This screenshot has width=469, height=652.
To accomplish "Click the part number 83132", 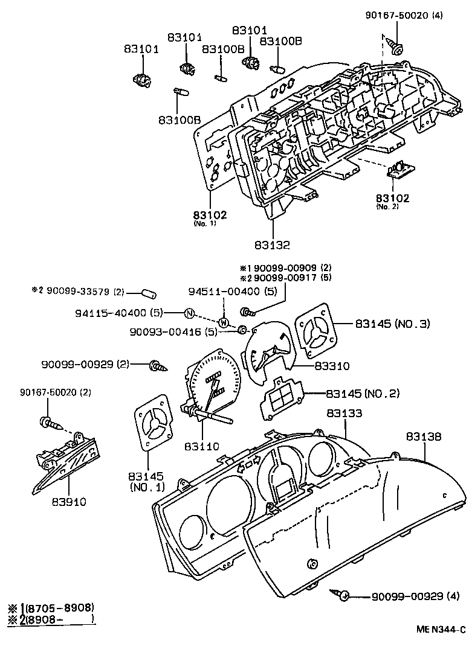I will (x=272, y=245).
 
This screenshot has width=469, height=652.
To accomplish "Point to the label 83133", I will (x=344, y=414).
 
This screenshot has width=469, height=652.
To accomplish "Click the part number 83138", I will (x=423, y=436).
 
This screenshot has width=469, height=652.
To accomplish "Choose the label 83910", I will (x=68, y=501).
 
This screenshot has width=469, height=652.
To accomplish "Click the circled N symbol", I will (x=189, y=313).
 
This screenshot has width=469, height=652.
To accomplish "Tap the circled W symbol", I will (x=223, y=322).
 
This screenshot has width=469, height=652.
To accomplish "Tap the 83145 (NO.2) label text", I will (x=363, y=394).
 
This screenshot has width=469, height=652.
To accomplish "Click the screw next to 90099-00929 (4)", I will (x=342, y=596).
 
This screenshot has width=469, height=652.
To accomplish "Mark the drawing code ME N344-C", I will (x=441, y=629).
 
